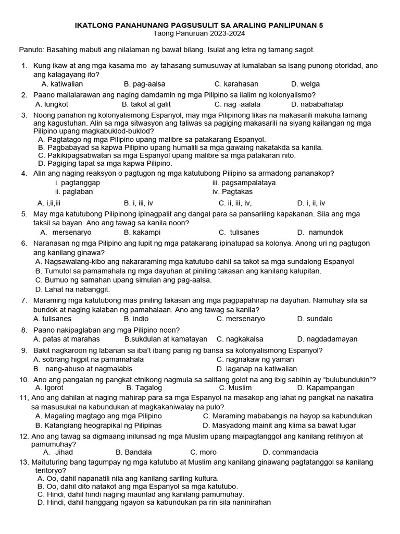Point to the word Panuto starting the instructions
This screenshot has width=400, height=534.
coord(31,50)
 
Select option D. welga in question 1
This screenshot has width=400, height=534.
coord(306,84)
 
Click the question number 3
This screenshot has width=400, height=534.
coord(24,115)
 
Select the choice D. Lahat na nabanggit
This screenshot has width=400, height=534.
coord(72,289)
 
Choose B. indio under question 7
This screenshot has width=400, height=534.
coord(136,319)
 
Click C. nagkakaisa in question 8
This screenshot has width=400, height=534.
coord(240,339)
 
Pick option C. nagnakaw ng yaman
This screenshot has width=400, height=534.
coord(255,359)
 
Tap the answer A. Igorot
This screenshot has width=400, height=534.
coord(49,388)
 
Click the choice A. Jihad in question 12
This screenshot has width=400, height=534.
coord(58,452)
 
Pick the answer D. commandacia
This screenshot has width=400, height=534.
coord(291,452)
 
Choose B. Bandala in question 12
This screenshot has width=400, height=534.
coord(134,452)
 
